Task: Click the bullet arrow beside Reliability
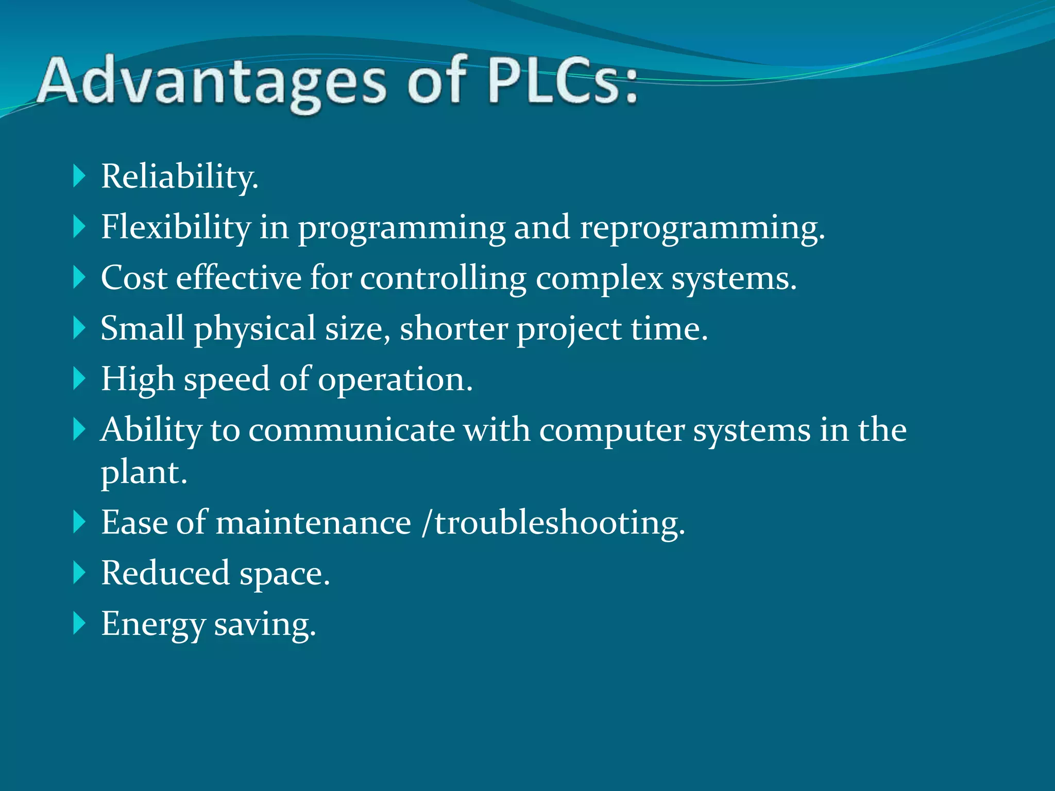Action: point(79,176)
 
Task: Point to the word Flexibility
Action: point(176,227)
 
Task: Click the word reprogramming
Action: point(701,227)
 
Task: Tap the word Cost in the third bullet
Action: point(134,278)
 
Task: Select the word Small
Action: point(142,328)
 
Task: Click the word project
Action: point(569,329)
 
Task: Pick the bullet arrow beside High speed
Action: point(79,379)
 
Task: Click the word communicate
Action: point(352,429)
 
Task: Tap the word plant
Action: point(143,472)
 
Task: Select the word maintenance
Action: point(313,523)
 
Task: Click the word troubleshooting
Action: point(559,523)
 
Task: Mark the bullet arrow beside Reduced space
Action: point(79,573)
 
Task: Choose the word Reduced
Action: point(165,573)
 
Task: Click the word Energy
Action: point(153,624)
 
